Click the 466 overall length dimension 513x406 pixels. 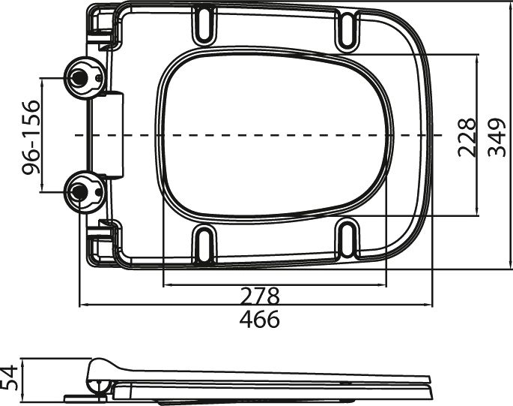pos(259,319)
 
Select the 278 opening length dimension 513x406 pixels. pos(259,295)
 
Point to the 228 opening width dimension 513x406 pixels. pos(467,136)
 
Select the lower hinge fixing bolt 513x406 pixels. pos(79,192)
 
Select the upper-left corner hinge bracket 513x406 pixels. pos(103,26)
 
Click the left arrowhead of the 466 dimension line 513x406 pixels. pos(82,305)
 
